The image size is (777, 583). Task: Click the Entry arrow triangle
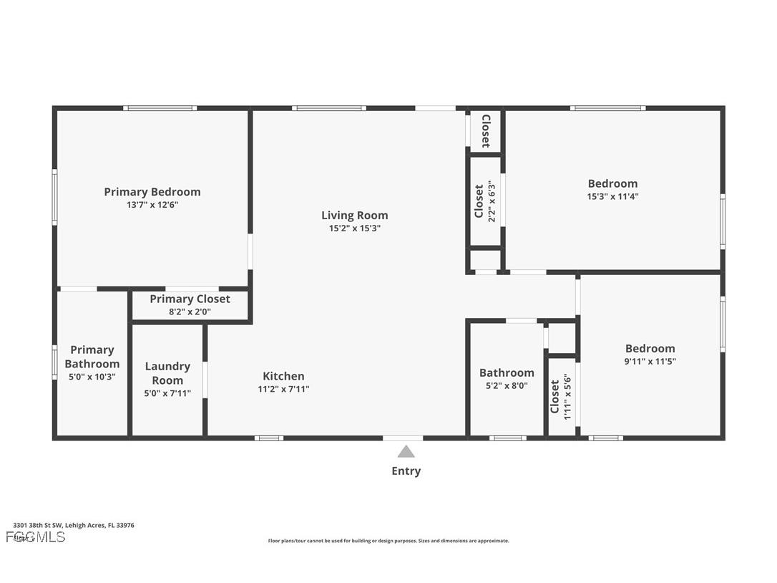tap(406, 451)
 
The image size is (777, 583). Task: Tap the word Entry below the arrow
tap(406, 471)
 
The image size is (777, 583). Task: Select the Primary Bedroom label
tap(152, 192)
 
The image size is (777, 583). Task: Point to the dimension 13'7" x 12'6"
tap(152, 205)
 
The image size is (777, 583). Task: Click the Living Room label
tap(354, 216)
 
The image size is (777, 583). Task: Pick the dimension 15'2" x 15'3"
tap(354, 228)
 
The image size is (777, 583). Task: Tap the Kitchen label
tap(283, 376)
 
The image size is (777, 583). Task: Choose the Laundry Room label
tap(167, 373)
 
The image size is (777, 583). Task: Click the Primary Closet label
tap(190, 299)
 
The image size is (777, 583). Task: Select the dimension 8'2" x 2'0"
tap(190, 312)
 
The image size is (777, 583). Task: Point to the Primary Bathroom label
tap(92, 357)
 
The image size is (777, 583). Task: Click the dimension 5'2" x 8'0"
tap(507, 385)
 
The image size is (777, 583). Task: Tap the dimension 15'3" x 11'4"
tap(612, 196)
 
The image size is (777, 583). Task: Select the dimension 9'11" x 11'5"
tap(650, 362)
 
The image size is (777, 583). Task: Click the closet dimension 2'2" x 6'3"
tap(492, 201)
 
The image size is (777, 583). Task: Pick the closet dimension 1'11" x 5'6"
tap(567, 396)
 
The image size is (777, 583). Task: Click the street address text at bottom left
tap(74, 525)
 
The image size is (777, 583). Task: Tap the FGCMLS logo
tap(36, 537)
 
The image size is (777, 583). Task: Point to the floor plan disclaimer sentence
tap(388, 541)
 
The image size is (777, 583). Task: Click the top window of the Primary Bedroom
tap(160, 108)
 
